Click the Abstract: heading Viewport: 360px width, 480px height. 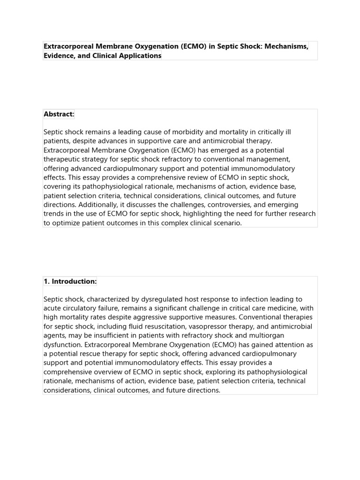click(59, 114)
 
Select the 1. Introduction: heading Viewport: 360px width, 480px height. click(70, 281)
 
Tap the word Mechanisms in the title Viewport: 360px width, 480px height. click(285, 46)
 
